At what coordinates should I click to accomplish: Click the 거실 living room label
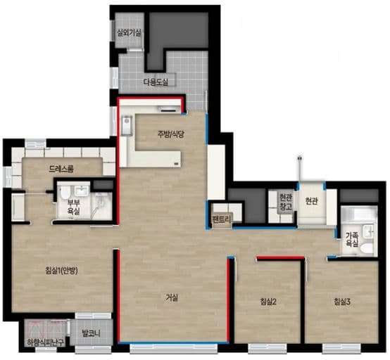(x=172, y=297)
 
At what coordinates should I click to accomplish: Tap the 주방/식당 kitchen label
(x=170, y=134)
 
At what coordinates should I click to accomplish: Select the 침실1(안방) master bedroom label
(x=61, y=270)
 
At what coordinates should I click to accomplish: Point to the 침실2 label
(x=268, y=302)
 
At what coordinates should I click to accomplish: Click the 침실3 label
(x=342, y=302)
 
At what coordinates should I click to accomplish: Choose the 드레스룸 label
(x=61, y=169)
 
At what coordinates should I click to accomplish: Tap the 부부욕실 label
(x=74, y=207)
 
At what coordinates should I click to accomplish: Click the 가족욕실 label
(x=352, y=239)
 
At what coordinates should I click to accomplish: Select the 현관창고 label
(x=286, y=202)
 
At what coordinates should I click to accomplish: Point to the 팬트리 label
(x=222, y=219)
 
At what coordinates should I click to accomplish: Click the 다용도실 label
(x=156, y=82)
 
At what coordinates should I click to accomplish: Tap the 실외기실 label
(x=129, y=32)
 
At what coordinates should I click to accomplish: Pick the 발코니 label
(x=91, y=333)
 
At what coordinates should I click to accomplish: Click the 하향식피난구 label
(x=46, y=343)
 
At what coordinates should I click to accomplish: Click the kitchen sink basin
(x=127, y=125)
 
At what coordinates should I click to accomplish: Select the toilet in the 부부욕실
(x=65, y=192)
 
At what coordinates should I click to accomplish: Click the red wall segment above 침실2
(x=280, y=258)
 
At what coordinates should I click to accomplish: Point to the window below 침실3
(x=341, y=347)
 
